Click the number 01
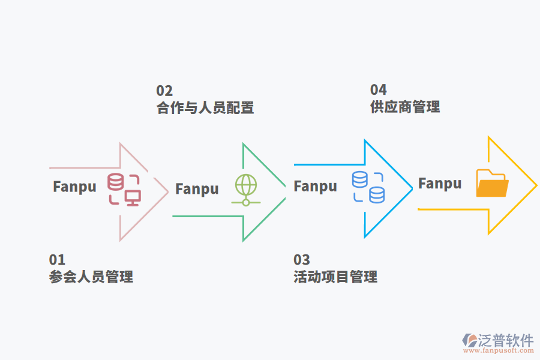coord(57,260)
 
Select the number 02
coord(164,91)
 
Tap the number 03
coord(302,260)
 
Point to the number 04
coord(378,90)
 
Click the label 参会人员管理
coord(91,277)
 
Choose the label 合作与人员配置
coord(205,108)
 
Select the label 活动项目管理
coord(335,277)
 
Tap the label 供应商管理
coord(405,107)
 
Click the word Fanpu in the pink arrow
coord(74,187)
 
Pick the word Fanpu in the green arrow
coord(197,189)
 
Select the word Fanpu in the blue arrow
coord(315,187)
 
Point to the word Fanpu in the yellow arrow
coord(440,184)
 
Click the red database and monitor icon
coord(124,190)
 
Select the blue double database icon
coord(368,187)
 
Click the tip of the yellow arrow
coord(535,185)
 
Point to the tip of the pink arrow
coord(167,192)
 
